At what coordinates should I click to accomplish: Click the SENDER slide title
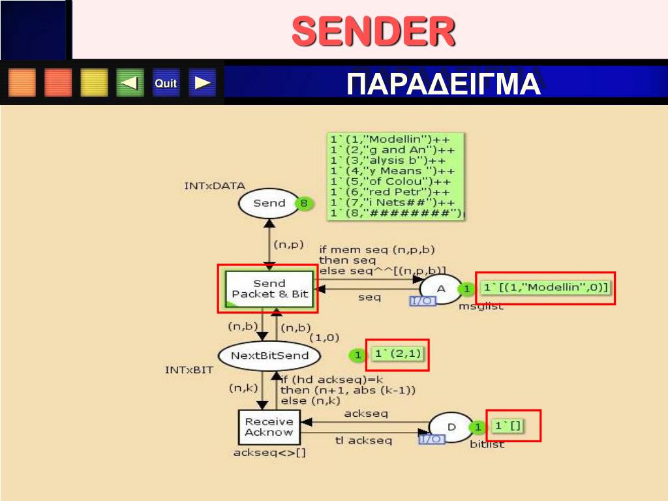(372, 31)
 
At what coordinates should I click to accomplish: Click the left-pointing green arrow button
(130, 83)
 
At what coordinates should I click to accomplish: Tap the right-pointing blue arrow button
(202, 83)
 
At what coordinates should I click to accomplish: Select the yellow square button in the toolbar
(94, 83)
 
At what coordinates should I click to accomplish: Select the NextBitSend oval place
(269, 356)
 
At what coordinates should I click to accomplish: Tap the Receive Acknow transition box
(269, 427)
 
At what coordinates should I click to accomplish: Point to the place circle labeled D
(451, 426)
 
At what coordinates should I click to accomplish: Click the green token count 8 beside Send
(303, 203)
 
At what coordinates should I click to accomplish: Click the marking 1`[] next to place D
(508, 427)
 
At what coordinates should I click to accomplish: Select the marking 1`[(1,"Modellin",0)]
(546, 288)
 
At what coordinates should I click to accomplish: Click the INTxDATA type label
(215, 186)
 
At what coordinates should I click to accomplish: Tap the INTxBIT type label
(189, 370)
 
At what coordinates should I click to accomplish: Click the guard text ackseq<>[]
(269, 453)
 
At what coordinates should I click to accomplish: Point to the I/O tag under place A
(421, 301)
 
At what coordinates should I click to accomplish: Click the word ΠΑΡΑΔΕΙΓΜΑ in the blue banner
(444, 84)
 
